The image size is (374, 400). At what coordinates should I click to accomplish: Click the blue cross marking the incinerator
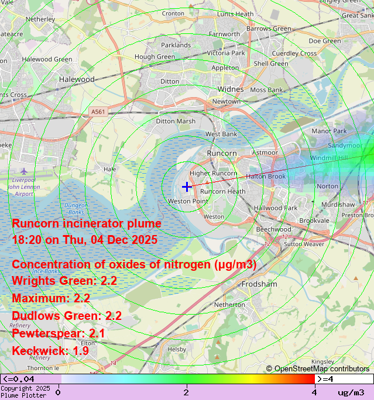coord(186,187)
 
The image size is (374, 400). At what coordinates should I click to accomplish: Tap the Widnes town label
coord(230,89)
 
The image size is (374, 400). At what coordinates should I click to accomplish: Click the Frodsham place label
coord(259,284)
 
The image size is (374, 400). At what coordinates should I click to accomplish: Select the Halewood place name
coord(77,79)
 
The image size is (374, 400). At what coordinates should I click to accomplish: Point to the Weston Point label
coord(187,201)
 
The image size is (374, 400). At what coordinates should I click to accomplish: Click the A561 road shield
coord(98,111)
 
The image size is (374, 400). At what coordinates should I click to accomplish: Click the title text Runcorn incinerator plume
coord(87,224)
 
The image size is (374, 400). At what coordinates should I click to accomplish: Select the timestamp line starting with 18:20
coord(84,240)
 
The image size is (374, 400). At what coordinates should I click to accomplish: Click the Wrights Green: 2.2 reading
coord(64,281)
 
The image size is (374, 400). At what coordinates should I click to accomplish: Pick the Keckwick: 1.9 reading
coord(50,351)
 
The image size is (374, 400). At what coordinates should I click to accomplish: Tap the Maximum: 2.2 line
coord(51,298)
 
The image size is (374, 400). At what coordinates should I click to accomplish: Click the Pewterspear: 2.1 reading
coord(59,333)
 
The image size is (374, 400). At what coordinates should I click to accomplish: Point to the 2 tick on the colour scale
coord(186,392)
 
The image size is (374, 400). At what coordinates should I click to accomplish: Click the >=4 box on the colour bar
coord(327,379)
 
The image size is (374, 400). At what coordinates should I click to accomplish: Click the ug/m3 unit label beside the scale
coord(351,392)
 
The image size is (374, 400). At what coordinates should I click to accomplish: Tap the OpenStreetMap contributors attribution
coord(318,368)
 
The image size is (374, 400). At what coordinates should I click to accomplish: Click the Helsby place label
coord(177,349)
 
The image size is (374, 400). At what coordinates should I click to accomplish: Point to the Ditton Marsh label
coord(176,121)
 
